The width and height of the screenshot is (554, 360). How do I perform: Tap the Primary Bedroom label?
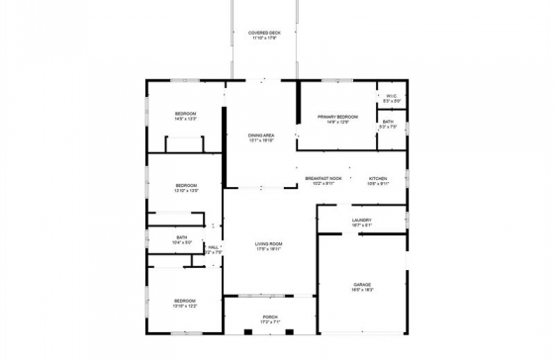[337, 117]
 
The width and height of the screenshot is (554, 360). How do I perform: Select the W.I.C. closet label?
[392, 96]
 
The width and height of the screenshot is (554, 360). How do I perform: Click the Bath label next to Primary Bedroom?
[388, 122]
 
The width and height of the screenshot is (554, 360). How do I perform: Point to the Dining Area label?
[261, 135]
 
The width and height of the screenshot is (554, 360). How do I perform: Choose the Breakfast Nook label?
[323, 178]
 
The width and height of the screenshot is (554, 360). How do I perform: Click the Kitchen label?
[378, 178]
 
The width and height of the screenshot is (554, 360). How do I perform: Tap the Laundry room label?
[361, 220]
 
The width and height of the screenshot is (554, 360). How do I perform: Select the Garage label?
[362, 285]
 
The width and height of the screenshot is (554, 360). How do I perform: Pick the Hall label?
[214, 247]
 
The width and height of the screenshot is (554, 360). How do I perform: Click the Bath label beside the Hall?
[182, 236]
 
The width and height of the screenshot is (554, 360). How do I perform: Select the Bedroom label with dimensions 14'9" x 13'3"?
[186, 114]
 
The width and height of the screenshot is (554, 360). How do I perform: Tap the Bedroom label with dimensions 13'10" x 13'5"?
[186, 185]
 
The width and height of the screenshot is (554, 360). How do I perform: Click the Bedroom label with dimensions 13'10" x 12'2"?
[186, 301]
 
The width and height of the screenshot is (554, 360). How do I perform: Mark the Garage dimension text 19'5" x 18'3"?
[362, 291]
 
